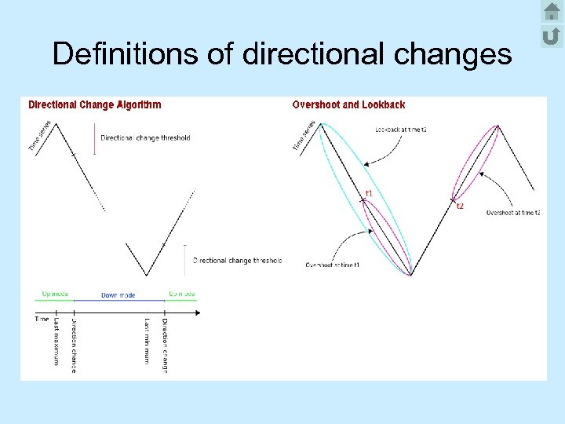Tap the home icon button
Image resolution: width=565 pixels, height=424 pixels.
[551, 12]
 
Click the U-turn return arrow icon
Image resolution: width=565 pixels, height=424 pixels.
[551, 35]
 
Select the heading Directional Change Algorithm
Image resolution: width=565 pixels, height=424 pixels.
[95, 104]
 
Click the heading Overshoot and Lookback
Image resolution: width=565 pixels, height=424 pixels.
[348, 104]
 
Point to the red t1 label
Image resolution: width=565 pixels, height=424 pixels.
[369, 193]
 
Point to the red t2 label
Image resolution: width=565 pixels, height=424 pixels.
[461, 207]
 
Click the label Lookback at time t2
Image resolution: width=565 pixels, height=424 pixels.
[401, 130]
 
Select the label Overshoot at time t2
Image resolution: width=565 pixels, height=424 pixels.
[513, 213]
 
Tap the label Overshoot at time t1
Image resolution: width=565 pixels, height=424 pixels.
[333, 265]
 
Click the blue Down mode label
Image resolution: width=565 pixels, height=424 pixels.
[118, 295]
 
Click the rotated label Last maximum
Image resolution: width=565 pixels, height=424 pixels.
[56, 342]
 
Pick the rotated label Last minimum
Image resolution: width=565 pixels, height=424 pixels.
[147, 340]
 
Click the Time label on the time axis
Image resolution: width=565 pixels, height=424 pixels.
[42, 319]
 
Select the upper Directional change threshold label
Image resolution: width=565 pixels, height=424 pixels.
[145, 138]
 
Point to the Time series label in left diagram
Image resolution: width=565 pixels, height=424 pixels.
[40, 136]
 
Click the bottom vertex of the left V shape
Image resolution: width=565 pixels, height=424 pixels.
[147, 276]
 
